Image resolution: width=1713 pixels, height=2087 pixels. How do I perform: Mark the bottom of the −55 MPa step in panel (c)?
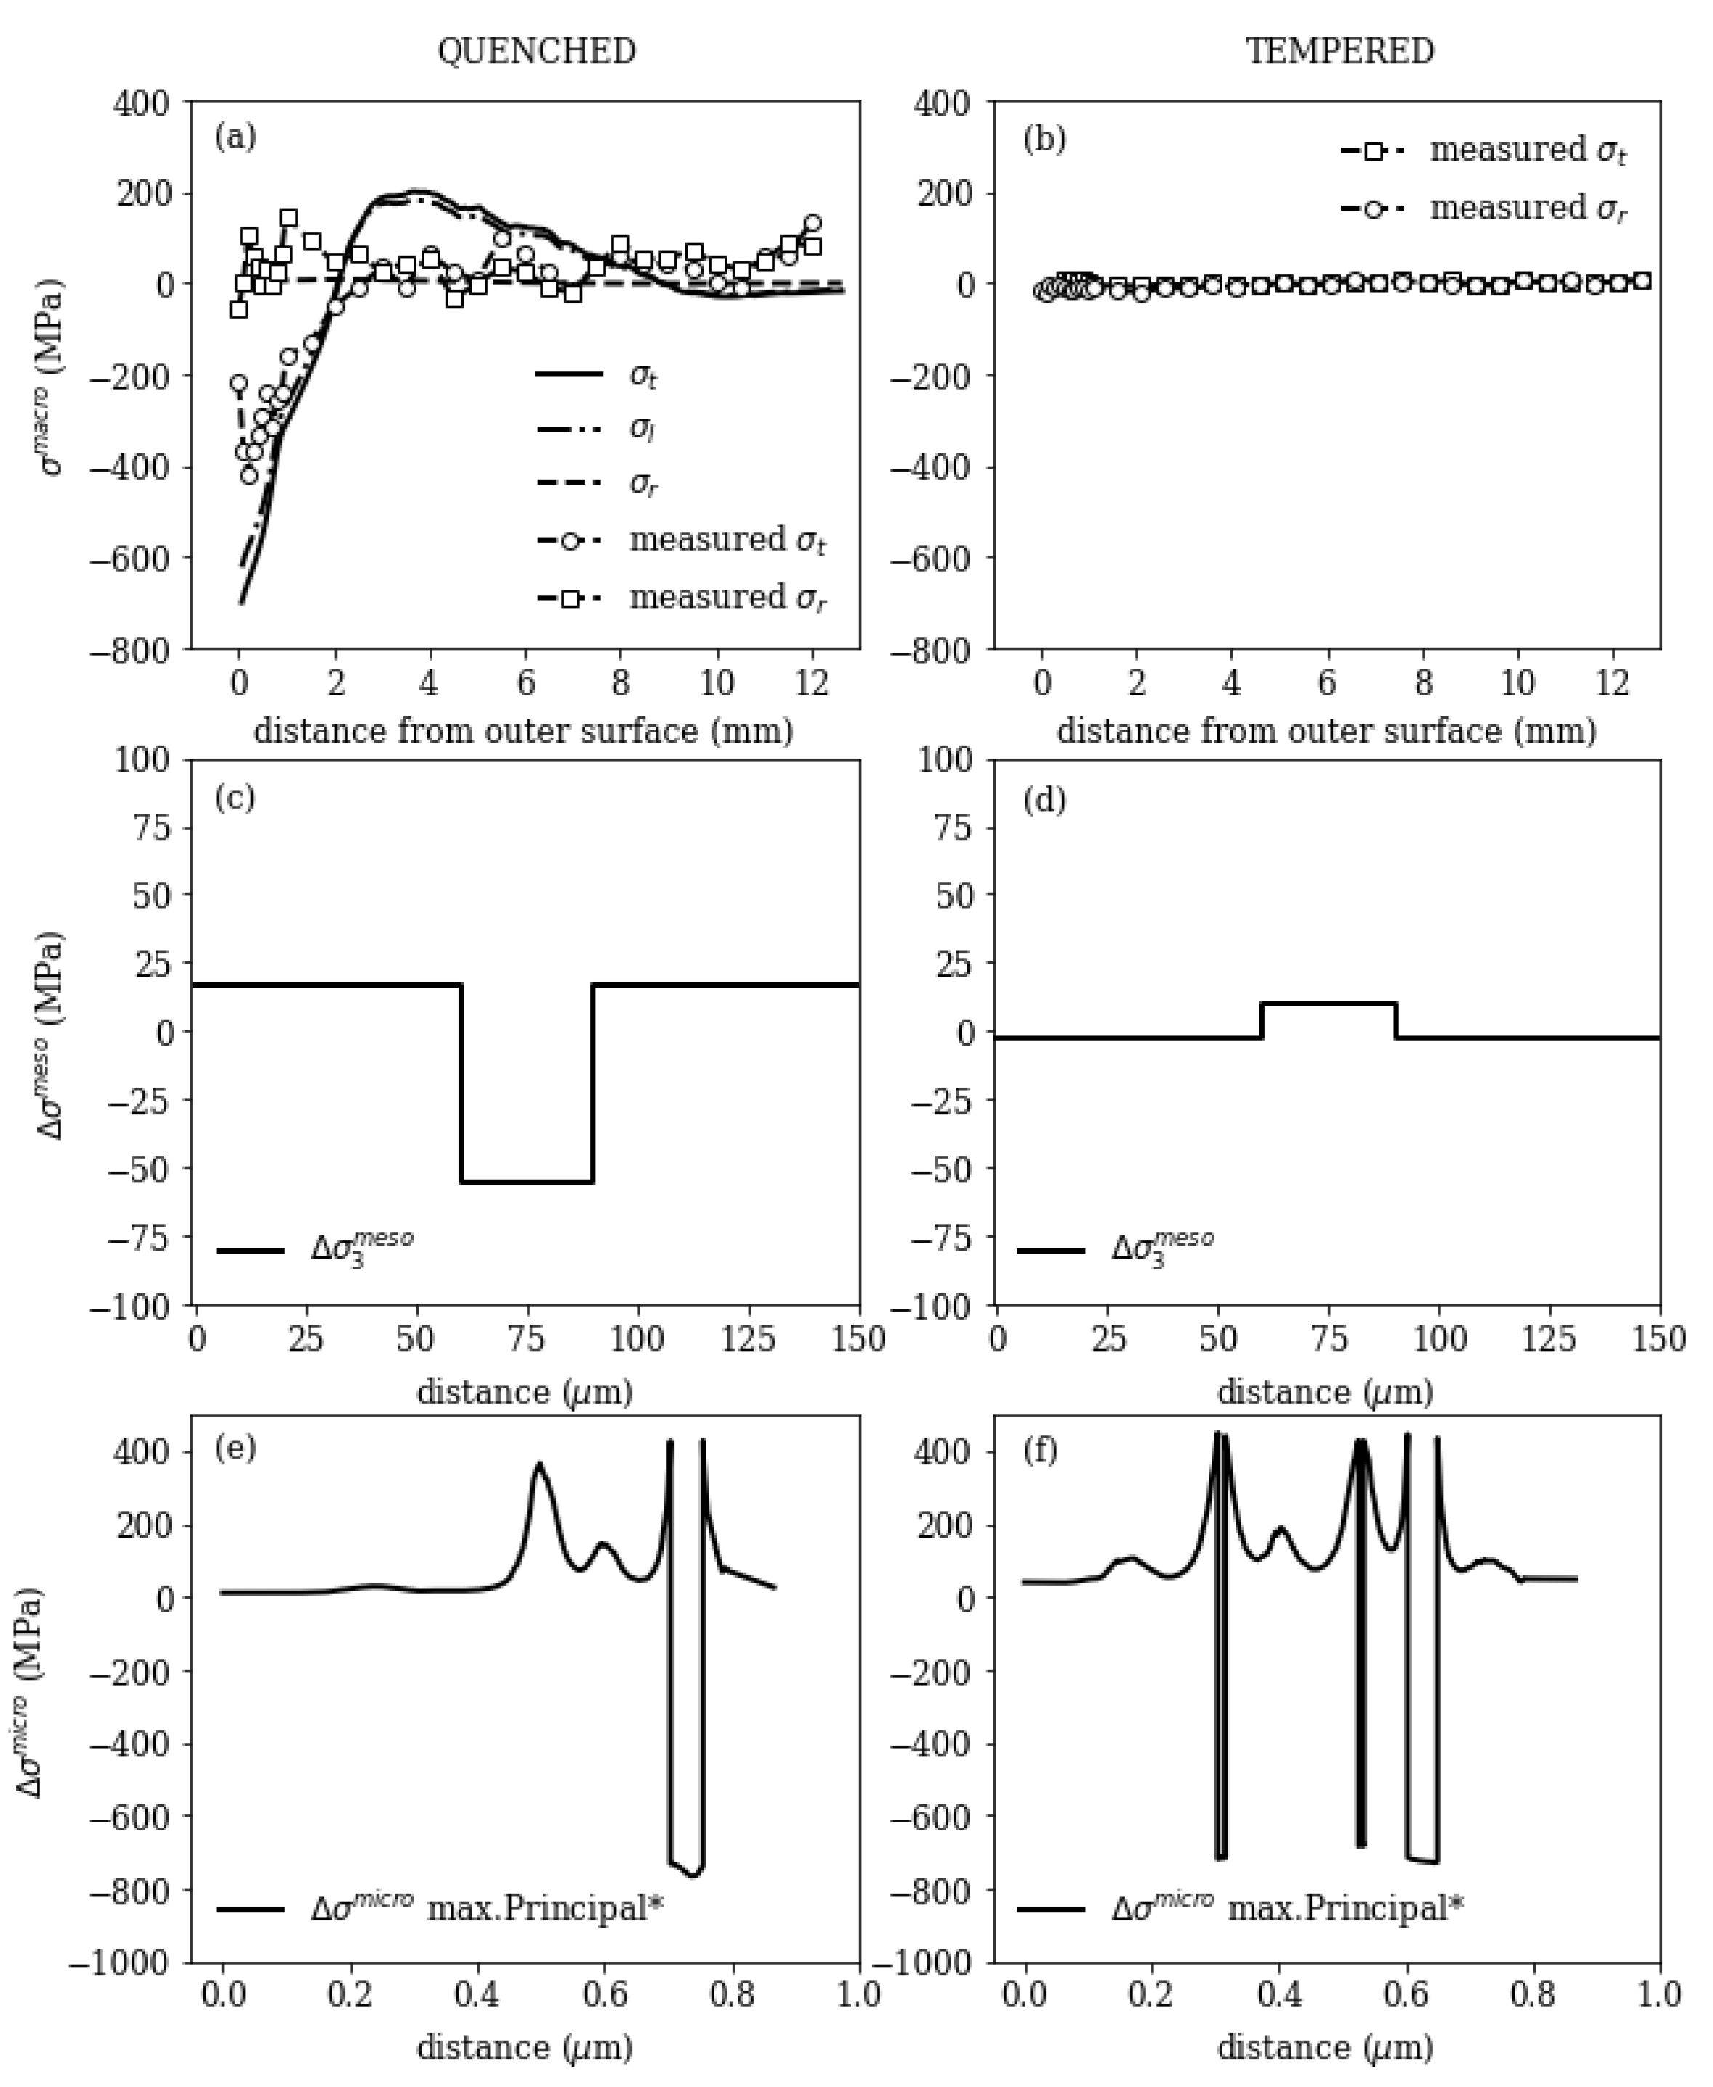point(526,1182)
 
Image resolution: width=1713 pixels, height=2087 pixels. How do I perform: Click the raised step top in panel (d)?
point(1328,1004)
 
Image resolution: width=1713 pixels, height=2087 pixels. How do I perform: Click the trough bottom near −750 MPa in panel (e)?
point(693,1872)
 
